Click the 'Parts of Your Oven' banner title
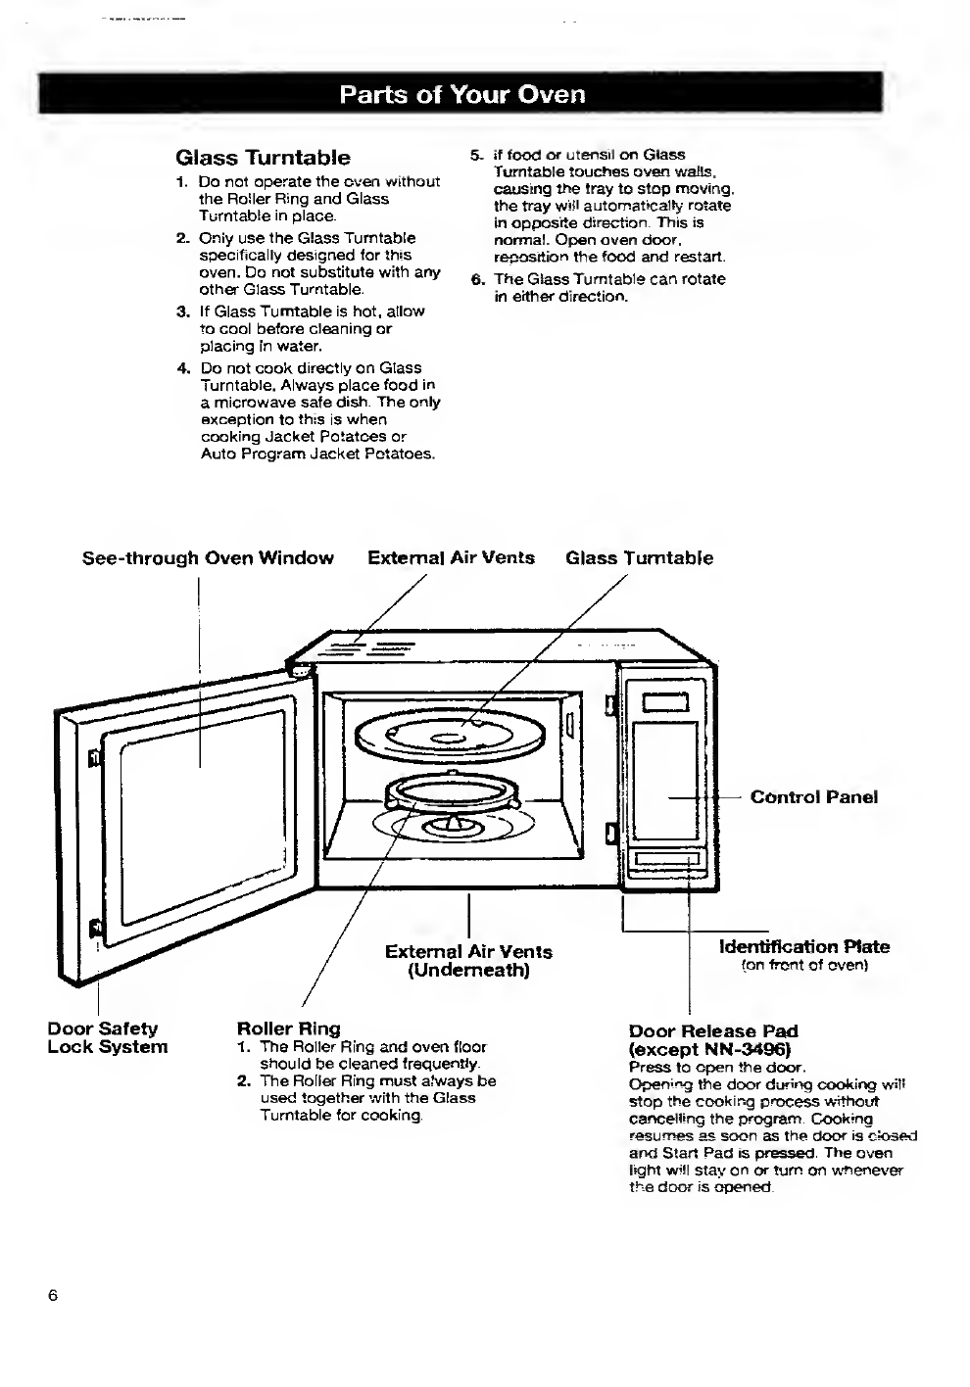462,94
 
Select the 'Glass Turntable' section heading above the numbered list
263,158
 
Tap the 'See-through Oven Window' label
208,558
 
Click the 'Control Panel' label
814,797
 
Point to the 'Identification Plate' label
804,947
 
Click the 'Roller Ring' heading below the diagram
289,1028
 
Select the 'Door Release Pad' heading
713,1031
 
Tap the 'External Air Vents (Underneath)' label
468,960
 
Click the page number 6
53,1295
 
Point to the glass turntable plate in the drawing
451,737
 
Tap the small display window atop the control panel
666,702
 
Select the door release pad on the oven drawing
666,858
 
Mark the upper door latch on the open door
94,757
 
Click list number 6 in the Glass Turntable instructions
476,280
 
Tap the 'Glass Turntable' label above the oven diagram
639,558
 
